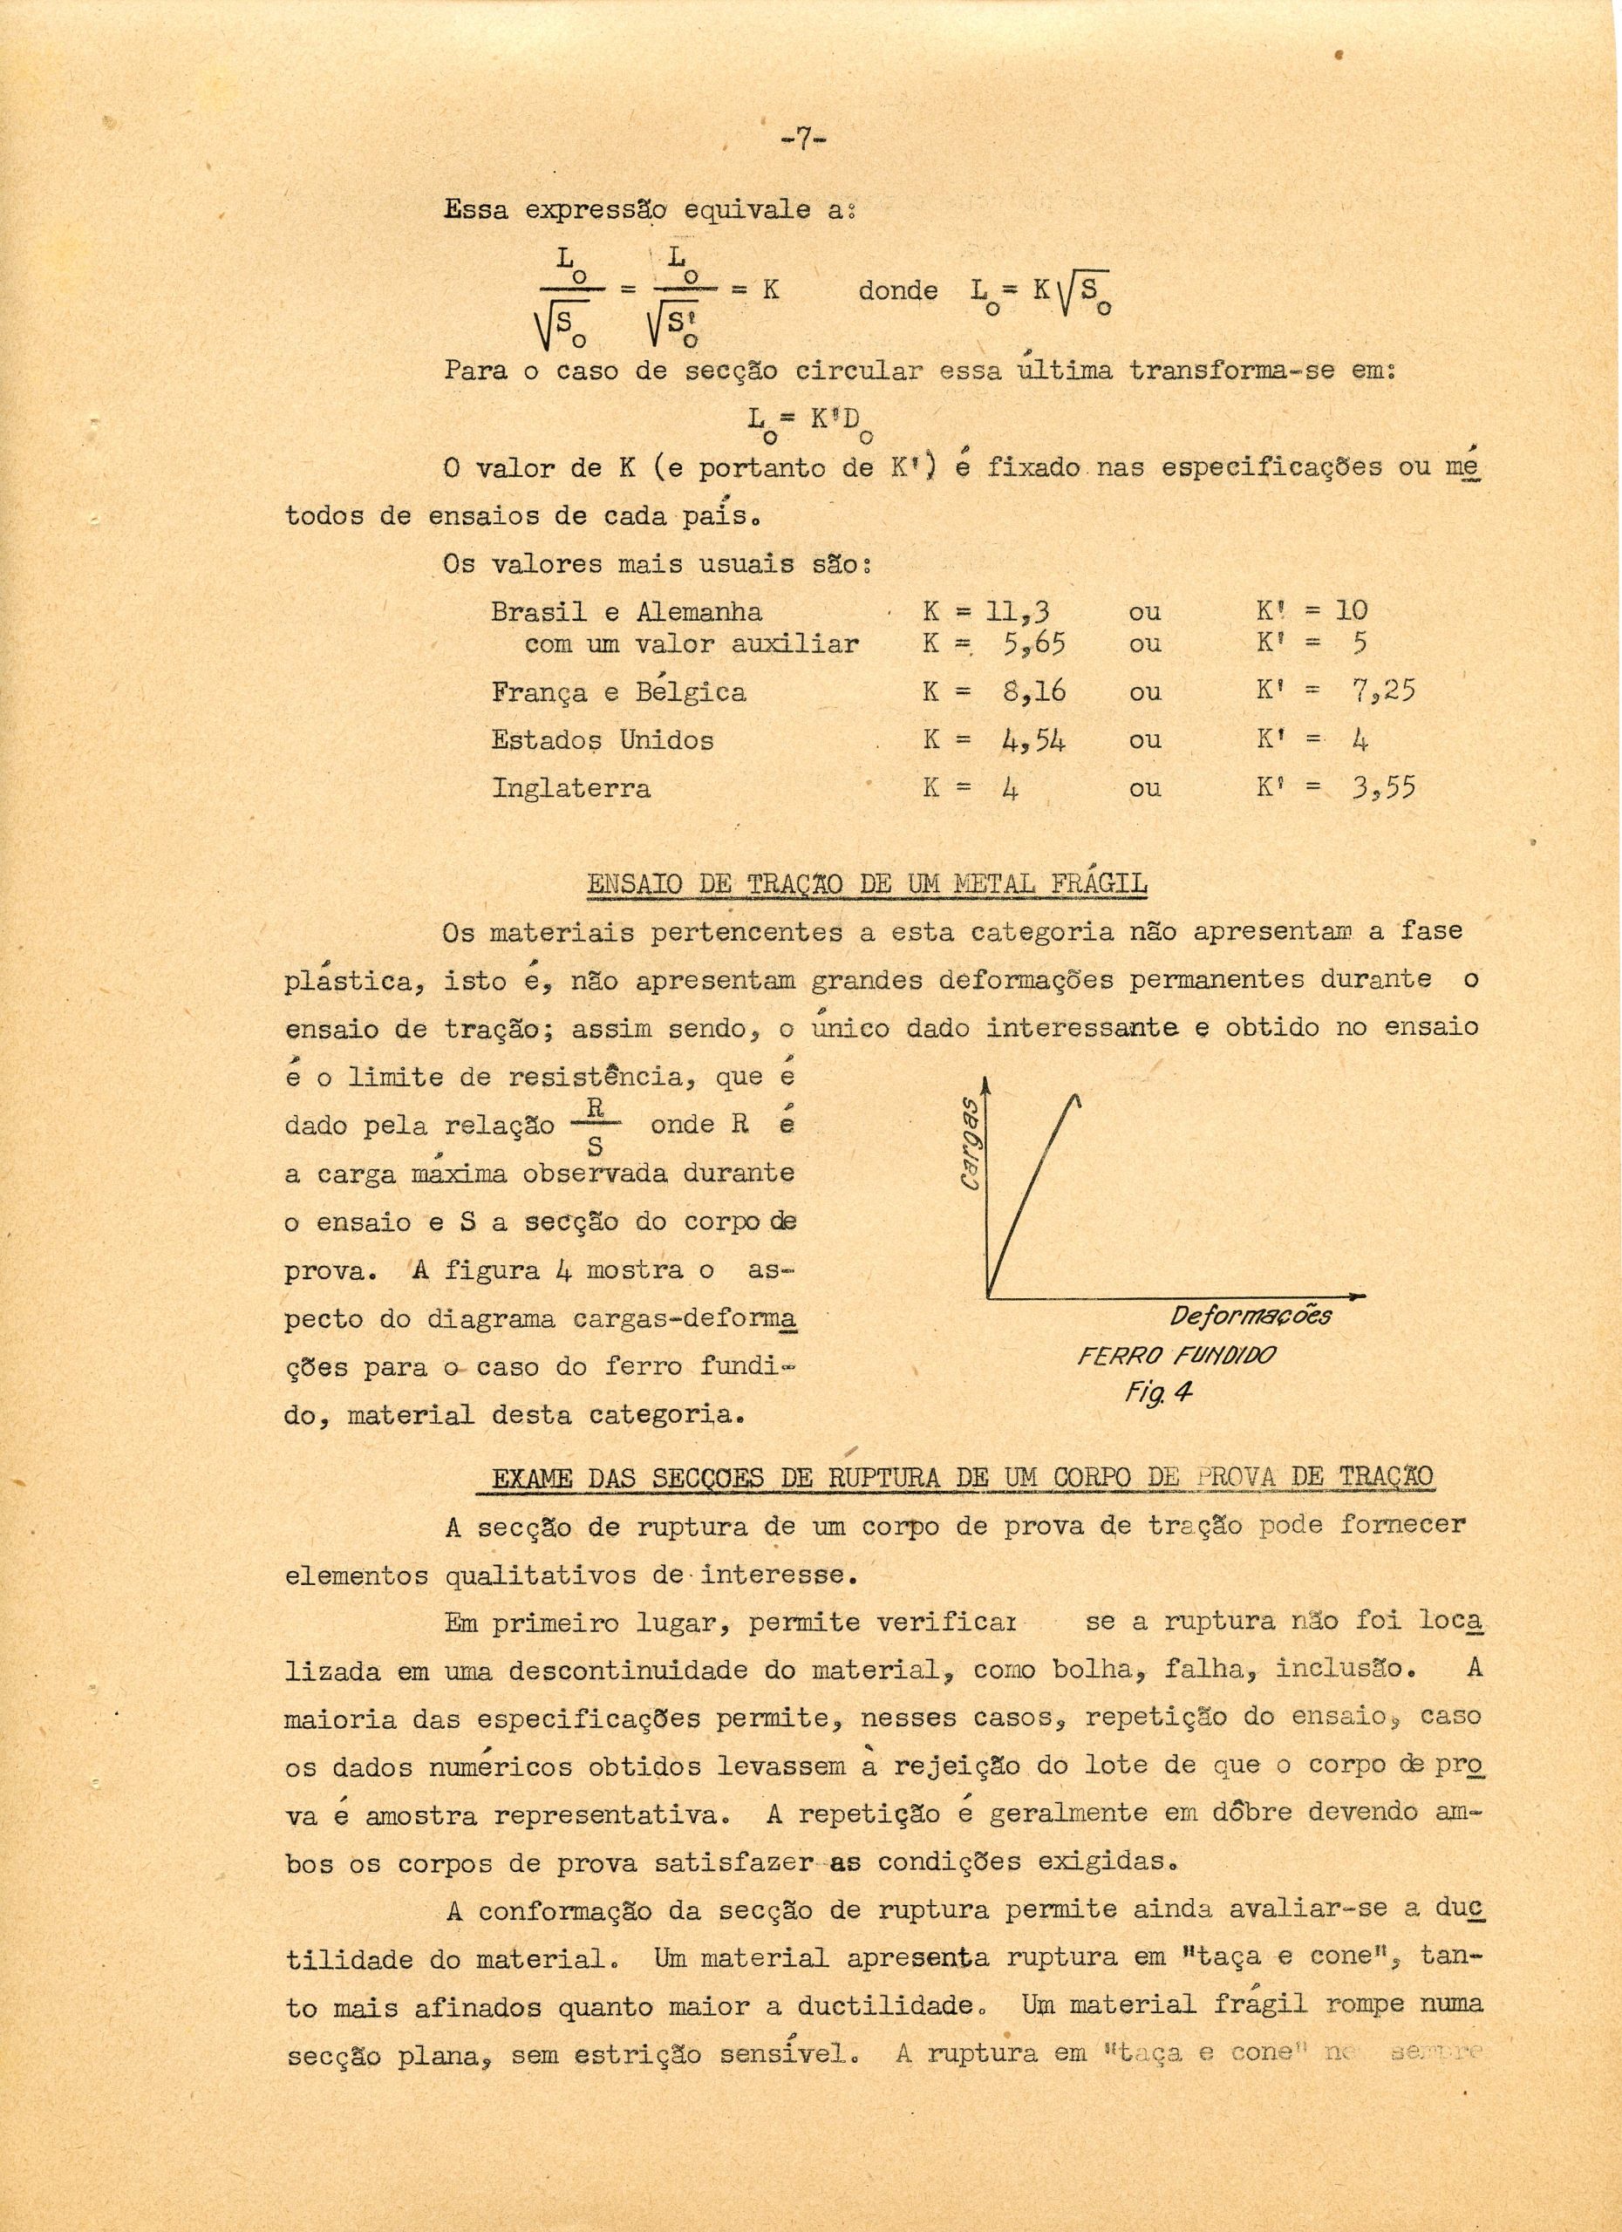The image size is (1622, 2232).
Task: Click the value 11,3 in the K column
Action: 1026,611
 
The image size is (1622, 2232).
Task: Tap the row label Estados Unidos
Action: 603,739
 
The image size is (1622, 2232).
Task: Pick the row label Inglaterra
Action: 571,788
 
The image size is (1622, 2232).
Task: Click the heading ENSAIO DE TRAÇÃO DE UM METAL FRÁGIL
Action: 866,882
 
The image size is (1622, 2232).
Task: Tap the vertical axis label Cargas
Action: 967,1141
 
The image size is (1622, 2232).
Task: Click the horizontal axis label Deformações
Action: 1250,1316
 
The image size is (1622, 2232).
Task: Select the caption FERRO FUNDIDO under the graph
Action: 1176,1356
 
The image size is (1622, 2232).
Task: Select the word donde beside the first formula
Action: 897,290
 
